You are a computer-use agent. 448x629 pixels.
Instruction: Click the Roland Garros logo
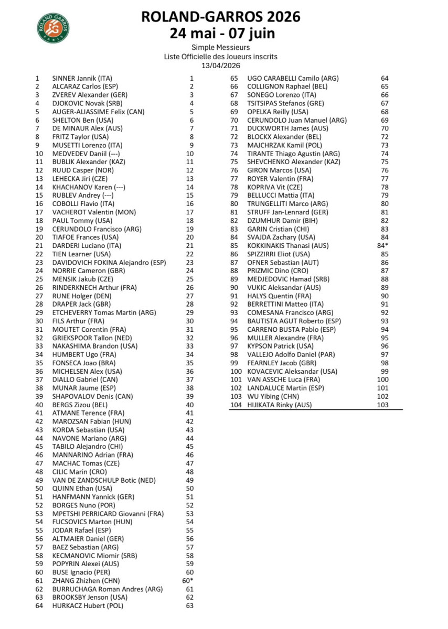(x=52, y=28)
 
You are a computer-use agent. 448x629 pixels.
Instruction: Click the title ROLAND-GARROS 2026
(x=221, y=17)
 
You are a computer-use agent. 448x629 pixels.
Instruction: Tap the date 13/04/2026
(x=221, y=66)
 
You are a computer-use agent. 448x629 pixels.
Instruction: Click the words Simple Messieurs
(x=221, y=48)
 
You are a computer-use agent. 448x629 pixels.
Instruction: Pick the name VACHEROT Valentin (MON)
(x=94, y=212)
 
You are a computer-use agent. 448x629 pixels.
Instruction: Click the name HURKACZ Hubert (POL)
(x=87, y=606)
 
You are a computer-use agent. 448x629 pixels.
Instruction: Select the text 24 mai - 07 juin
(x=221, y=33)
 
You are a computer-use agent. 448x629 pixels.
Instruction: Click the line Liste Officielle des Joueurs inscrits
(x=221, y=57)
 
